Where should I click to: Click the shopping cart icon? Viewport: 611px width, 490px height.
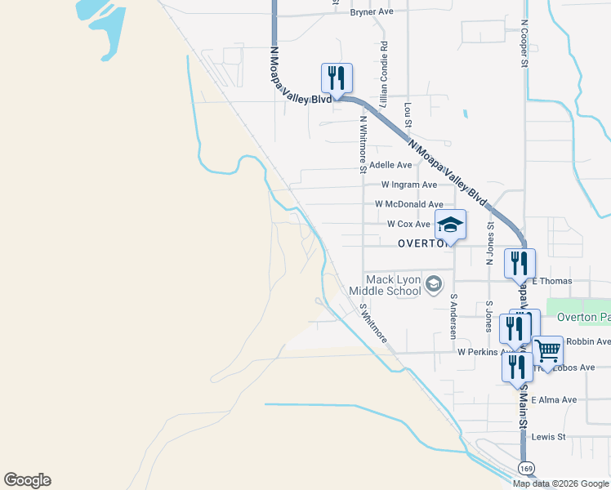[548, 351]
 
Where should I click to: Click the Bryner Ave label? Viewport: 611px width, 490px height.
[372, 12]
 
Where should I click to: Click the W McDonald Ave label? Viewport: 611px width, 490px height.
[408, 204]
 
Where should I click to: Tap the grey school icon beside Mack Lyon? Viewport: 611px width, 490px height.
[434, 284]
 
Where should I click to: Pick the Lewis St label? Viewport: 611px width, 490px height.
[548, 437]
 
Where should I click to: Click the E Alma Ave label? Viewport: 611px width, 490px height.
[553, 400]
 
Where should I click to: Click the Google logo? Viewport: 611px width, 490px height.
[27, 480]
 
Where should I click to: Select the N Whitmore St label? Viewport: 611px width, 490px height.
[362, 143]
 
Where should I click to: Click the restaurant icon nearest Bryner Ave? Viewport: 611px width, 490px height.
[337, 78]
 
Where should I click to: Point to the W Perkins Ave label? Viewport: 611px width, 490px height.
[478, 352]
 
